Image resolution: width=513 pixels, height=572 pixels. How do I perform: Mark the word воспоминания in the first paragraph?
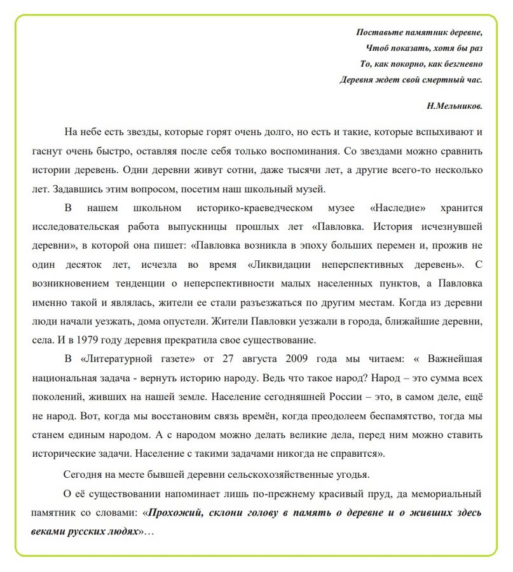[x=298, y=151]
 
